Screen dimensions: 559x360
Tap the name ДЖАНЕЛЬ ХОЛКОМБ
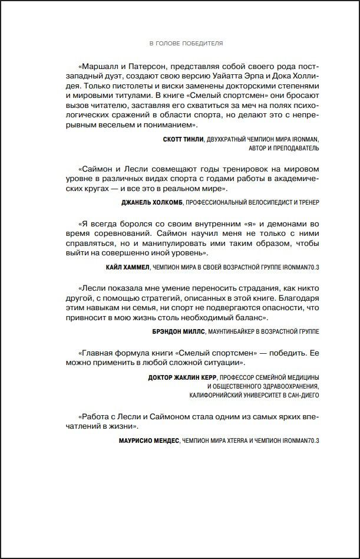pyautogui.click(x=147, y=202)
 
